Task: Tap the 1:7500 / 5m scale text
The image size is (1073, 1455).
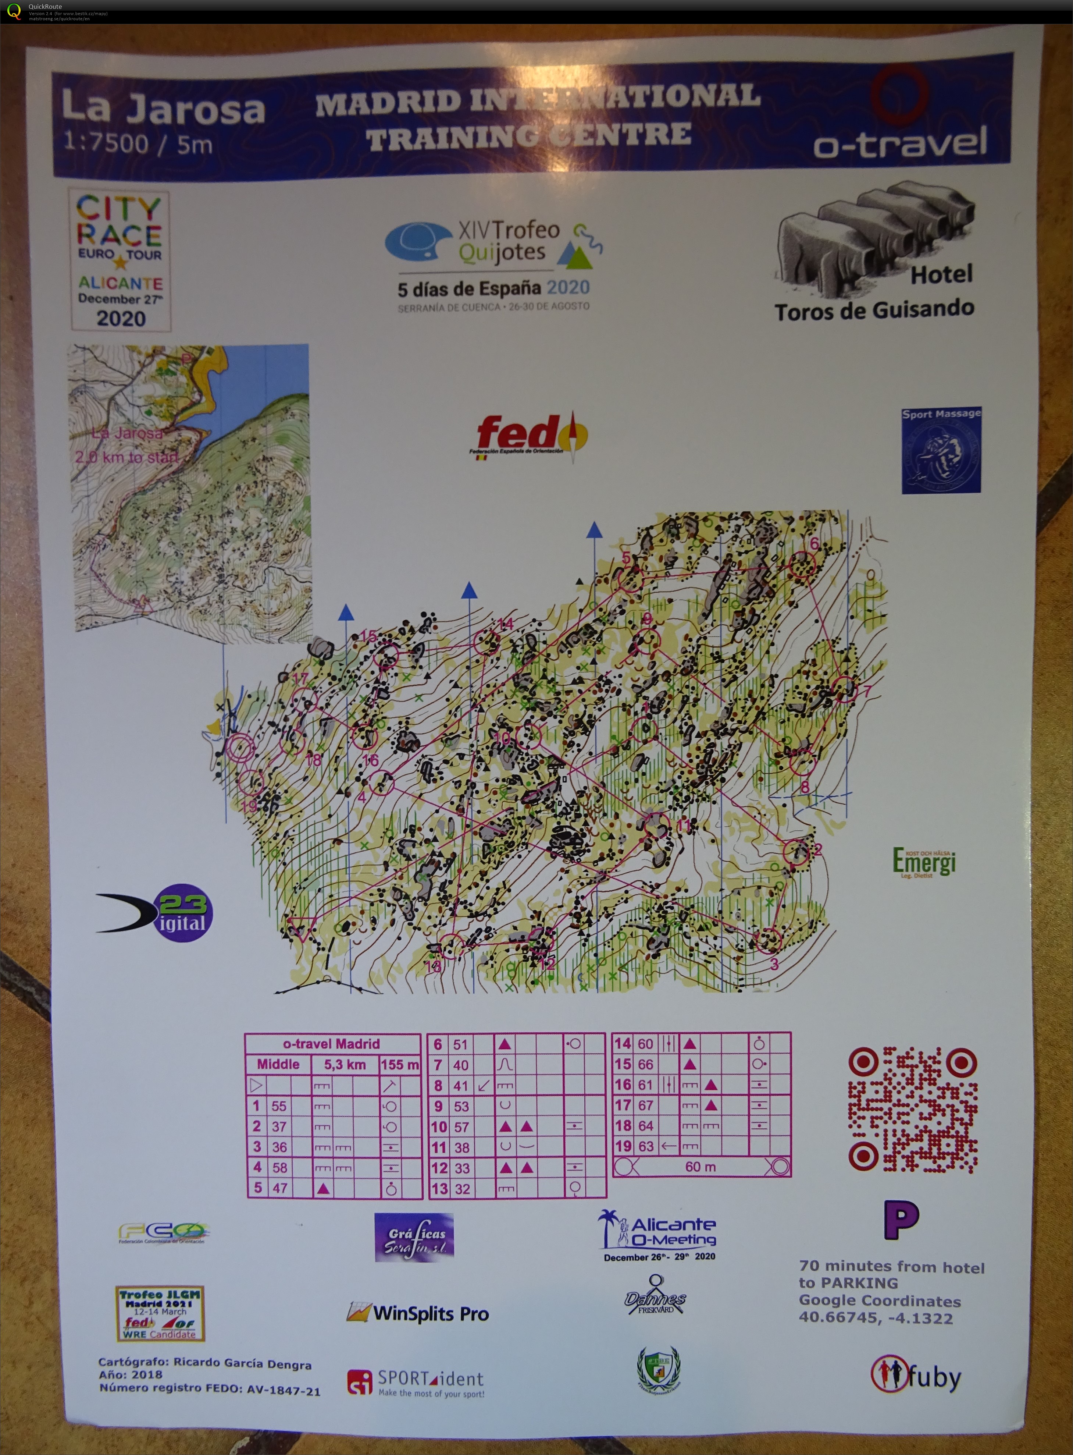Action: click(138, 143)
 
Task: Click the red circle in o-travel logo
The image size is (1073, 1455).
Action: click(899, 94)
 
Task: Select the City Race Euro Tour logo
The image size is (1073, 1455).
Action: click(120, 260)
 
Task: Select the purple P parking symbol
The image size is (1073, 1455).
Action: click(902, 1220)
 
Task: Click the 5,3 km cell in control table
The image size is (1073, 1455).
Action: click(345, 1064)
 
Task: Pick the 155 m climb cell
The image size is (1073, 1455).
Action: click(399, 1064)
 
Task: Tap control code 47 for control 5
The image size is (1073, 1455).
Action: click(280, 1188)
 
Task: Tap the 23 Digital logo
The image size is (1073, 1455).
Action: click(156, 912)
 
